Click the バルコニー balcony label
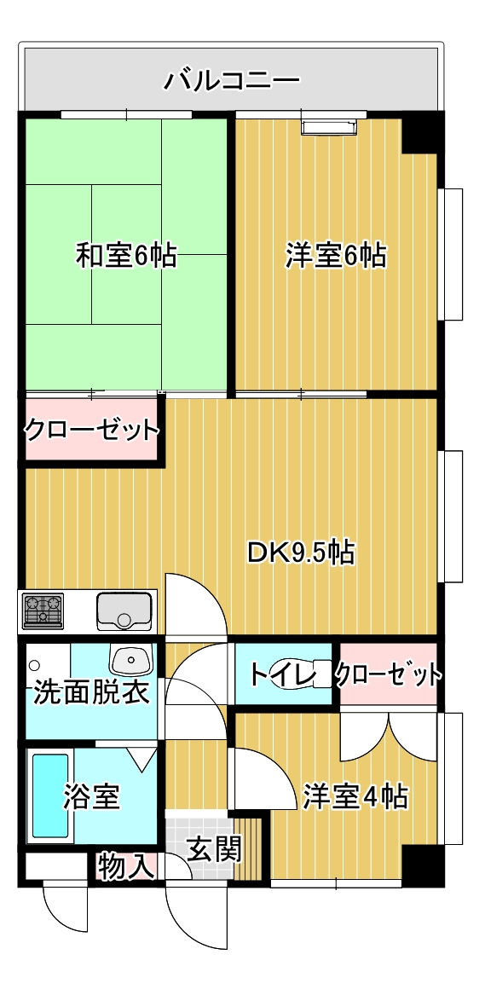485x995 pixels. click(231, 81)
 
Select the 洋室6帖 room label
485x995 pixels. click(335, 256)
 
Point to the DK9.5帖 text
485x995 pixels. click(301, 552)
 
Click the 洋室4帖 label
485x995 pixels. click(355, 796)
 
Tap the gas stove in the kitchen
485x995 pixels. click(43, 611)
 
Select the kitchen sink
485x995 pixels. click(125, 611)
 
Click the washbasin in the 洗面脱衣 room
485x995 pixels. click(131, 659)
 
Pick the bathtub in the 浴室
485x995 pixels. click(50, 795)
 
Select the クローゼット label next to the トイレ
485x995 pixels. click(387, 674)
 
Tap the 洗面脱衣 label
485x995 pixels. click(91, 691)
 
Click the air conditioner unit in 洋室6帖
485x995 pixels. click(329, 126)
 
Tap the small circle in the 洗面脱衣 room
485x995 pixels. click(35, 665)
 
